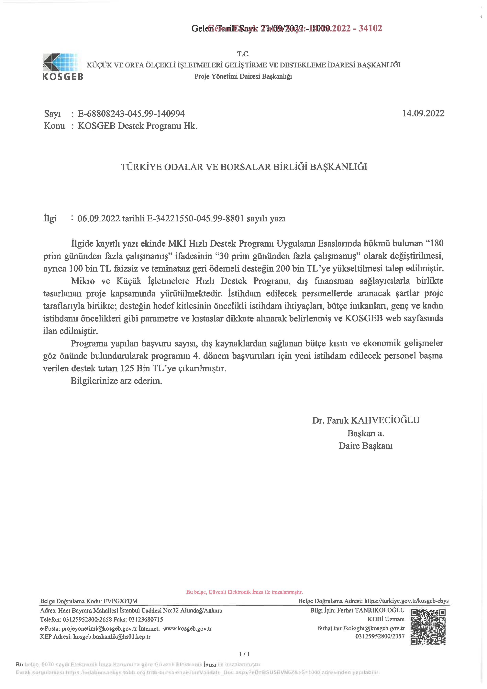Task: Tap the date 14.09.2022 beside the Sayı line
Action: pyautogui.click(x=423, y=113)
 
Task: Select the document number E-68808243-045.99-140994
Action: pyautogui.click(x=131, y=114)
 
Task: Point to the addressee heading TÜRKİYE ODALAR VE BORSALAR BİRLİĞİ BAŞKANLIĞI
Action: pyautogui.click(x=244, y=167)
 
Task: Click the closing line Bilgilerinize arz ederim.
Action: pyautogui.click(x=116, y=381)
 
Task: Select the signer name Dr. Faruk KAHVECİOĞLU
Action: pyautogui.click(x=366, y=420)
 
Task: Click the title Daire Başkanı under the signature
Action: pyautogui.click(x=365, y=446)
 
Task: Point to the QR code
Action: pyautogui.click(x=428, y=627)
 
